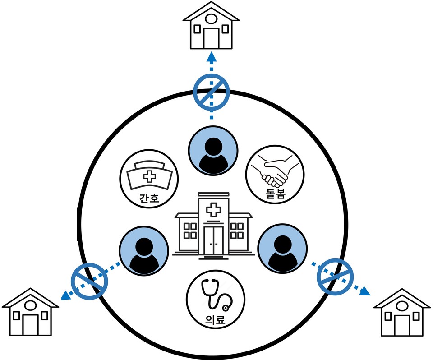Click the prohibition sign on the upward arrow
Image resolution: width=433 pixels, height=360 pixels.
click(212, 92)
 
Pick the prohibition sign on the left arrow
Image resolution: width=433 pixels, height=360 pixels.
click(89, 281)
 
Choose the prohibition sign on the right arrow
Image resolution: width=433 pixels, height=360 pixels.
click(335, 277)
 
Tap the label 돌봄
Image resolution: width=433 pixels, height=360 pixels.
click(275, 195)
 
